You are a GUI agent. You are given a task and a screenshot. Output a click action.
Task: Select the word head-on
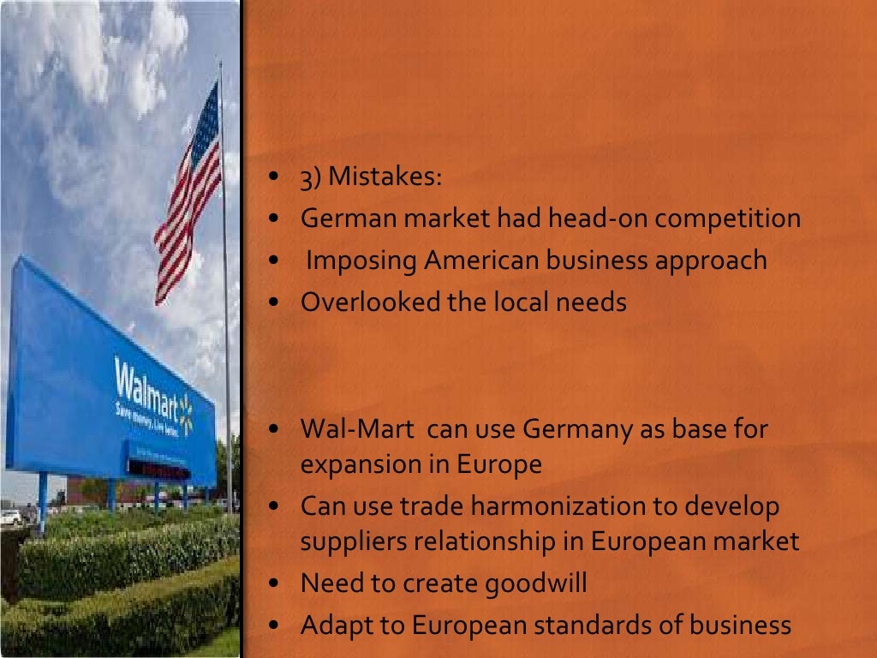tap(597, 218)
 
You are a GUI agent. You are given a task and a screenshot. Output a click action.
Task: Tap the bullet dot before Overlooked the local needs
tap(273, 303)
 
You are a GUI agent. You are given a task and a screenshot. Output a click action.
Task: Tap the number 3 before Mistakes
tap(306, 177)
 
